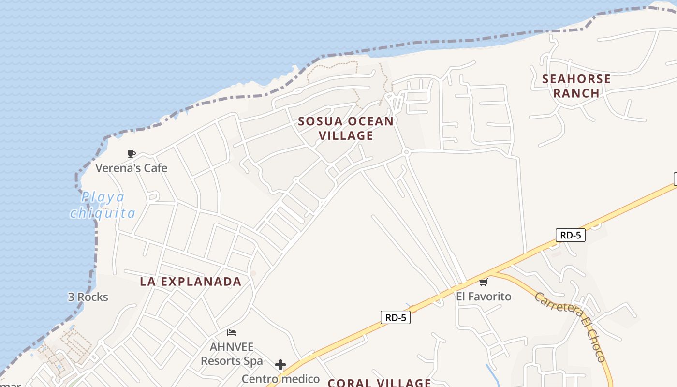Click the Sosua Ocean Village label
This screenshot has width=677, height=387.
(346, 128)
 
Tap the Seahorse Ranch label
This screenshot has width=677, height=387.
(576, 86)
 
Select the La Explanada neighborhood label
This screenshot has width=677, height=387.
(191, 282)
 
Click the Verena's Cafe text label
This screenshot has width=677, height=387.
(131, 168)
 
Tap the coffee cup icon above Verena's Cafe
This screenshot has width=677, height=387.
(131, 154)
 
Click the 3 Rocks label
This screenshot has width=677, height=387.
(88, 297)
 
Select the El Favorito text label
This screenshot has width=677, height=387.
(484, 296)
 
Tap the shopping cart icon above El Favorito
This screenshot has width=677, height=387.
(484, 282)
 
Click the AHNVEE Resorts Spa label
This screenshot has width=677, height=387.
(232, 354)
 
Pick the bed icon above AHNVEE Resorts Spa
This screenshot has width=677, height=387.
(232, 333)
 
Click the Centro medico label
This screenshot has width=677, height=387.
(280, 379)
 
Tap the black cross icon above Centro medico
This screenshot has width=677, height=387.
(280, 365)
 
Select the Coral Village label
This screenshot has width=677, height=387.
(379, 383)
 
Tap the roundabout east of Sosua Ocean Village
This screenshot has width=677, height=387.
(406, 152)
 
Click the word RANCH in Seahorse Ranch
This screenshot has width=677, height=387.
(576, 93)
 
